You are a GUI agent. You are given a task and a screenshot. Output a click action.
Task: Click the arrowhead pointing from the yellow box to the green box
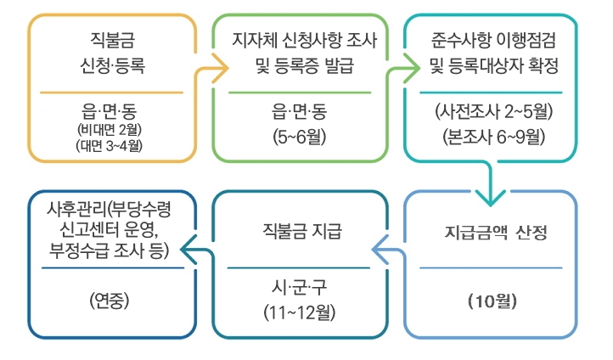[x=222, y=65]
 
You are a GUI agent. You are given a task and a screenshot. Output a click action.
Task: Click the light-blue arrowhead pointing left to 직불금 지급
[x=380, y=248]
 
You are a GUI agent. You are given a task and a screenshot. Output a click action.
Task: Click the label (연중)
[x=109, y=300]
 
